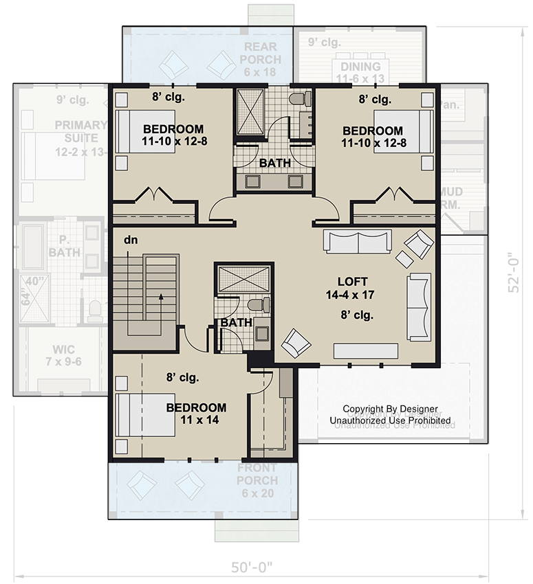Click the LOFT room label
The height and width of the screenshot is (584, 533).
(x=352, y=282)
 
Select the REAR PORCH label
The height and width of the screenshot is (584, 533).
(x=259, y=54)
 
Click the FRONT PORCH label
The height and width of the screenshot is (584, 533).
(x=257, y=474)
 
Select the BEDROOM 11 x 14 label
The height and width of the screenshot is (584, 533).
(x=196, y=414)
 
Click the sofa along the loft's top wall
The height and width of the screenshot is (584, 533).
(x=357, y=242)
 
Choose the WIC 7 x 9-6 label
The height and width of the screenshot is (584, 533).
(x=59, y=355)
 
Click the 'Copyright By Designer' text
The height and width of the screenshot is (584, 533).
(x=390, y=409)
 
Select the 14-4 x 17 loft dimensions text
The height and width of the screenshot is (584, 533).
(x=352, y=295)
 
